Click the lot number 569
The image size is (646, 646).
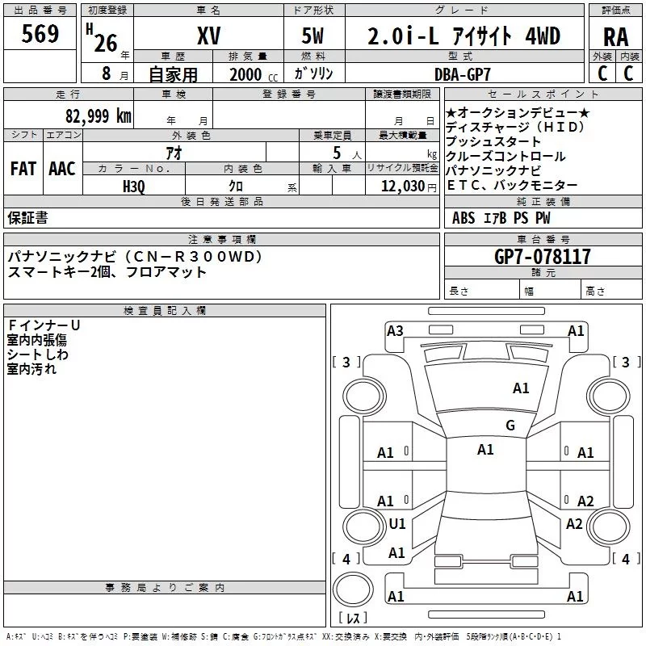[x=40, y=34]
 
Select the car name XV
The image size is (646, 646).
[x=209, y=36]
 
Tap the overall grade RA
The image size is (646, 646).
[x=616, y=37]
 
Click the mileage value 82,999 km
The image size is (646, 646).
[x=98, y=115]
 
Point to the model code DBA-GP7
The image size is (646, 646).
[x=463, y=74]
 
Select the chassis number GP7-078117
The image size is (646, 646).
[x=542, y=256]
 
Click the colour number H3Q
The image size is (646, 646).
[x=134, y=187]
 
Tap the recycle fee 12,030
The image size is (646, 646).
[x=402, y=187]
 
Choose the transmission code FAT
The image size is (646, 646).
[x=23, y=169]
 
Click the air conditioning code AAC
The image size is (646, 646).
[x=62, y=169]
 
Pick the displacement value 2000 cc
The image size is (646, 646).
[x=254, y=74]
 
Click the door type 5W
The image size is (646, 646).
[x=313, y=36]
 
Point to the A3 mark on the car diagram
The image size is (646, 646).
[x=395, y=330]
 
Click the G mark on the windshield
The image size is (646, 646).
[x=510, y=425]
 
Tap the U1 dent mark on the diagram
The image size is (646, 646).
[x=397, y=523]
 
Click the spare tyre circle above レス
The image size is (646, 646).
[x=353, y=589]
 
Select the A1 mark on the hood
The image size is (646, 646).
[x=521, y=388]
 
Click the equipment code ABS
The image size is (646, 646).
[x=464, y=218]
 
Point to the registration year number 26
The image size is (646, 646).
[x=106, y=44]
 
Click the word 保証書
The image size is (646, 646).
[x=27, y=217]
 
